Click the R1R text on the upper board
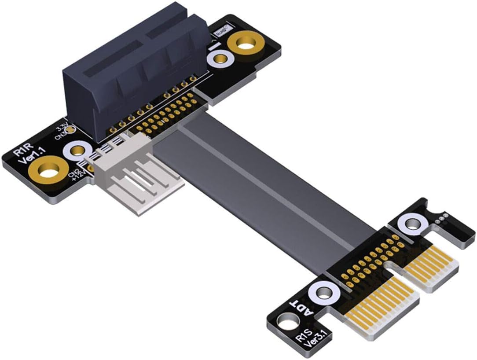coord(22,153)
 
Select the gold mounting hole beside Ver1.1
coord(47,170)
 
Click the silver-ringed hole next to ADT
coord(324,292)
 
